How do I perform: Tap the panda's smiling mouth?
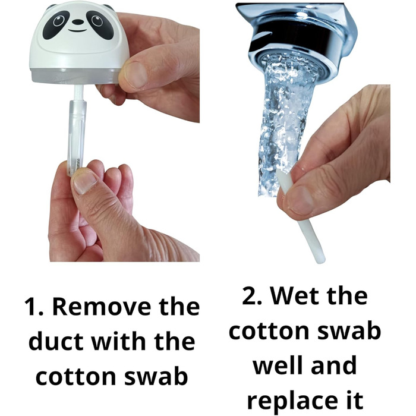[x=77, y=30]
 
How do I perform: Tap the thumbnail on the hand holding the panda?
[x=135, y=75]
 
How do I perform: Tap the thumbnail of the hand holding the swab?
[x=302, y=200]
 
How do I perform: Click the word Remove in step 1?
[x=102, y=307]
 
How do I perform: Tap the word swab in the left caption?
[x=156, y=376]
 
